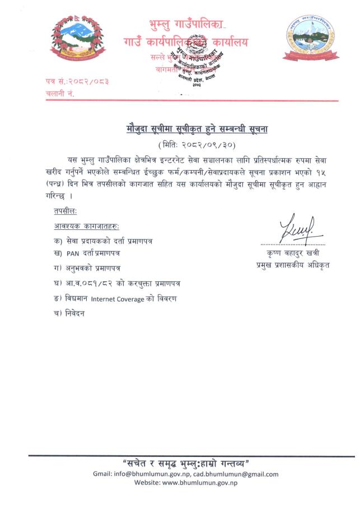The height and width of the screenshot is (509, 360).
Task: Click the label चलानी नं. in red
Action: pyautogui.click(x=60, y=94)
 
